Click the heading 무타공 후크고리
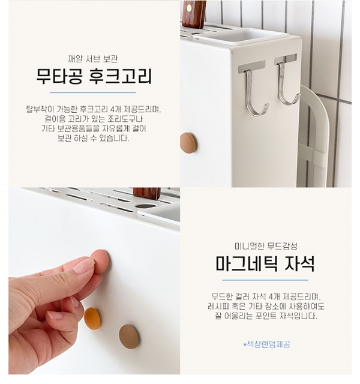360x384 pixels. (94, 76)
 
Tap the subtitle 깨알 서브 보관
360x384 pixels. (93, 59)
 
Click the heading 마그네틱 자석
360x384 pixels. (265, 263)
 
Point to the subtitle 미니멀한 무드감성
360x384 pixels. (266, 246)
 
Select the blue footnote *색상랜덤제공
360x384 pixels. (266, 344)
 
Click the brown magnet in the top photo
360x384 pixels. (188, 143)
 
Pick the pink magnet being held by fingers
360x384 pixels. (101, 261)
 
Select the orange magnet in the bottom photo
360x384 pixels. (92, 319)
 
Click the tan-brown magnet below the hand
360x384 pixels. (129, 337)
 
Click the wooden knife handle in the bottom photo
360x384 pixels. (146, 193)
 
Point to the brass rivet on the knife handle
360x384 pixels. (190, 8)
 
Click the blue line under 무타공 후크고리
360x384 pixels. (93, 93)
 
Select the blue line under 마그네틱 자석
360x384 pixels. (265, 280)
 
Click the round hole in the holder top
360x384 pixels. (145, 206)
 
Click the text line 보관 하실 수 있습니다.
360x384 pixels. (94, 139)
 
